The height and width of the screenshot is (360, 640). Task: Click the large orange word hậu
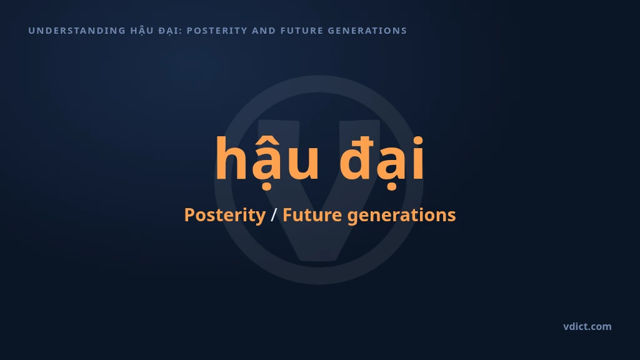coord(267,160)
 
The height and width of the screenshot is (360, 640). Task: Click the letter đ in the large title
coord(356,158)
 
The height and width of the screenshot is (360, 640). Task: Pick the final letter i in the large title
coord(418,158)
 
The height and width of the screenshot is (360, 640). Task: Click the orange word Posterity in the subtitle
coord(225,215)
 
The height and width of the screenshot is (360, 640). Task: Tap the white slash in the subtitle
coord(274,215)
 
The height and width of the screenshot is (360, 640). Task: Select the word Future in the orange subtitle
coord(312,215)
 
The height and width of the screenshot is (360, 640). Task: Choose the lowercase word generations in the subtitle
coord(401,216)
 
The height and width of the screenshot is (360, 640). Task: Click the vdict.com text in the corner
coord(587,326)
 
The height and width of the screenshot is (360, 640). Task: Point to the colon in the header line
coord(181,31)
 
